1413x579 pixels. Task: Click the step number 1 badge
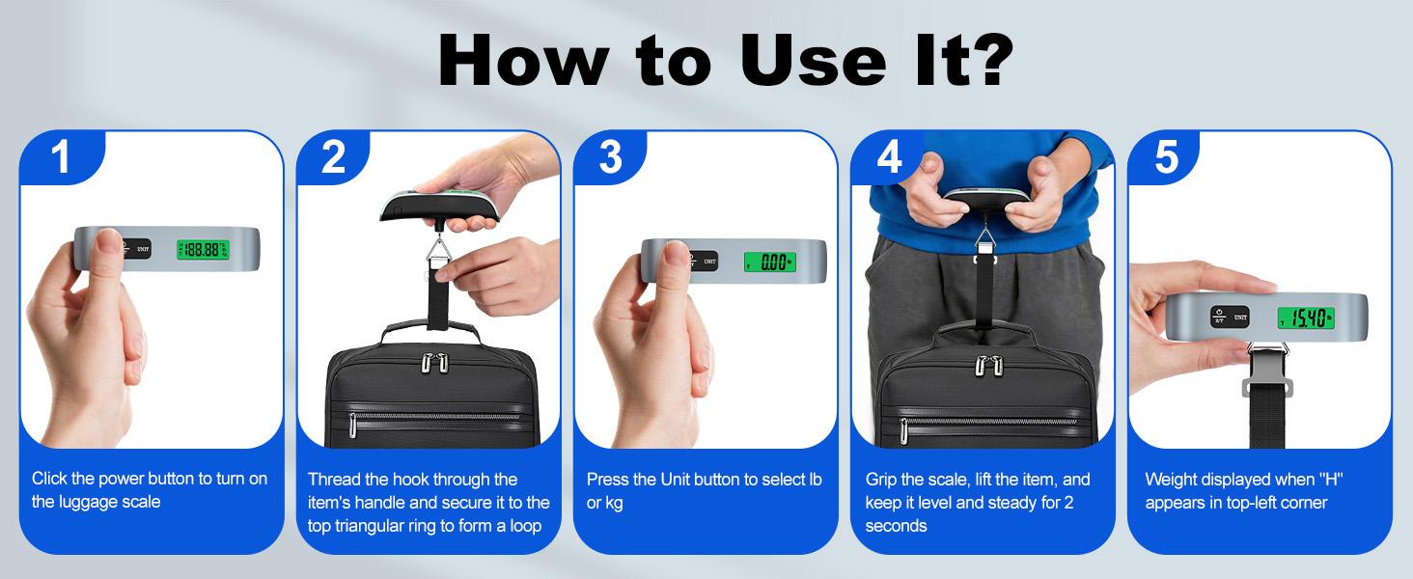click(x=61, y=157)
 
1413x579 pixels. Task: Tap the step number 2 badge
click(x=334, y=157)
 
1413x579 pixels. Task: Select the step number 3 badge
click(x=610, y=157)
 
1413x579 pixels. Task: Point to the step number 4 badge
click(x=888, y=157)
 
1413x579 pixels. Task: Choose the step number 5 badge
click(x=1166, y=157)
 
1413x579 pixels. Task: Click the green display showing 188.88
click(x=202, y=250)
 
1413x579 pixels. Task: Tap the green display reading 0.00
click(x=768, y=261)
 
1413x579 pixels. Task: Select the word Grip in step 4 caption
click(x=883, y=480)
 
